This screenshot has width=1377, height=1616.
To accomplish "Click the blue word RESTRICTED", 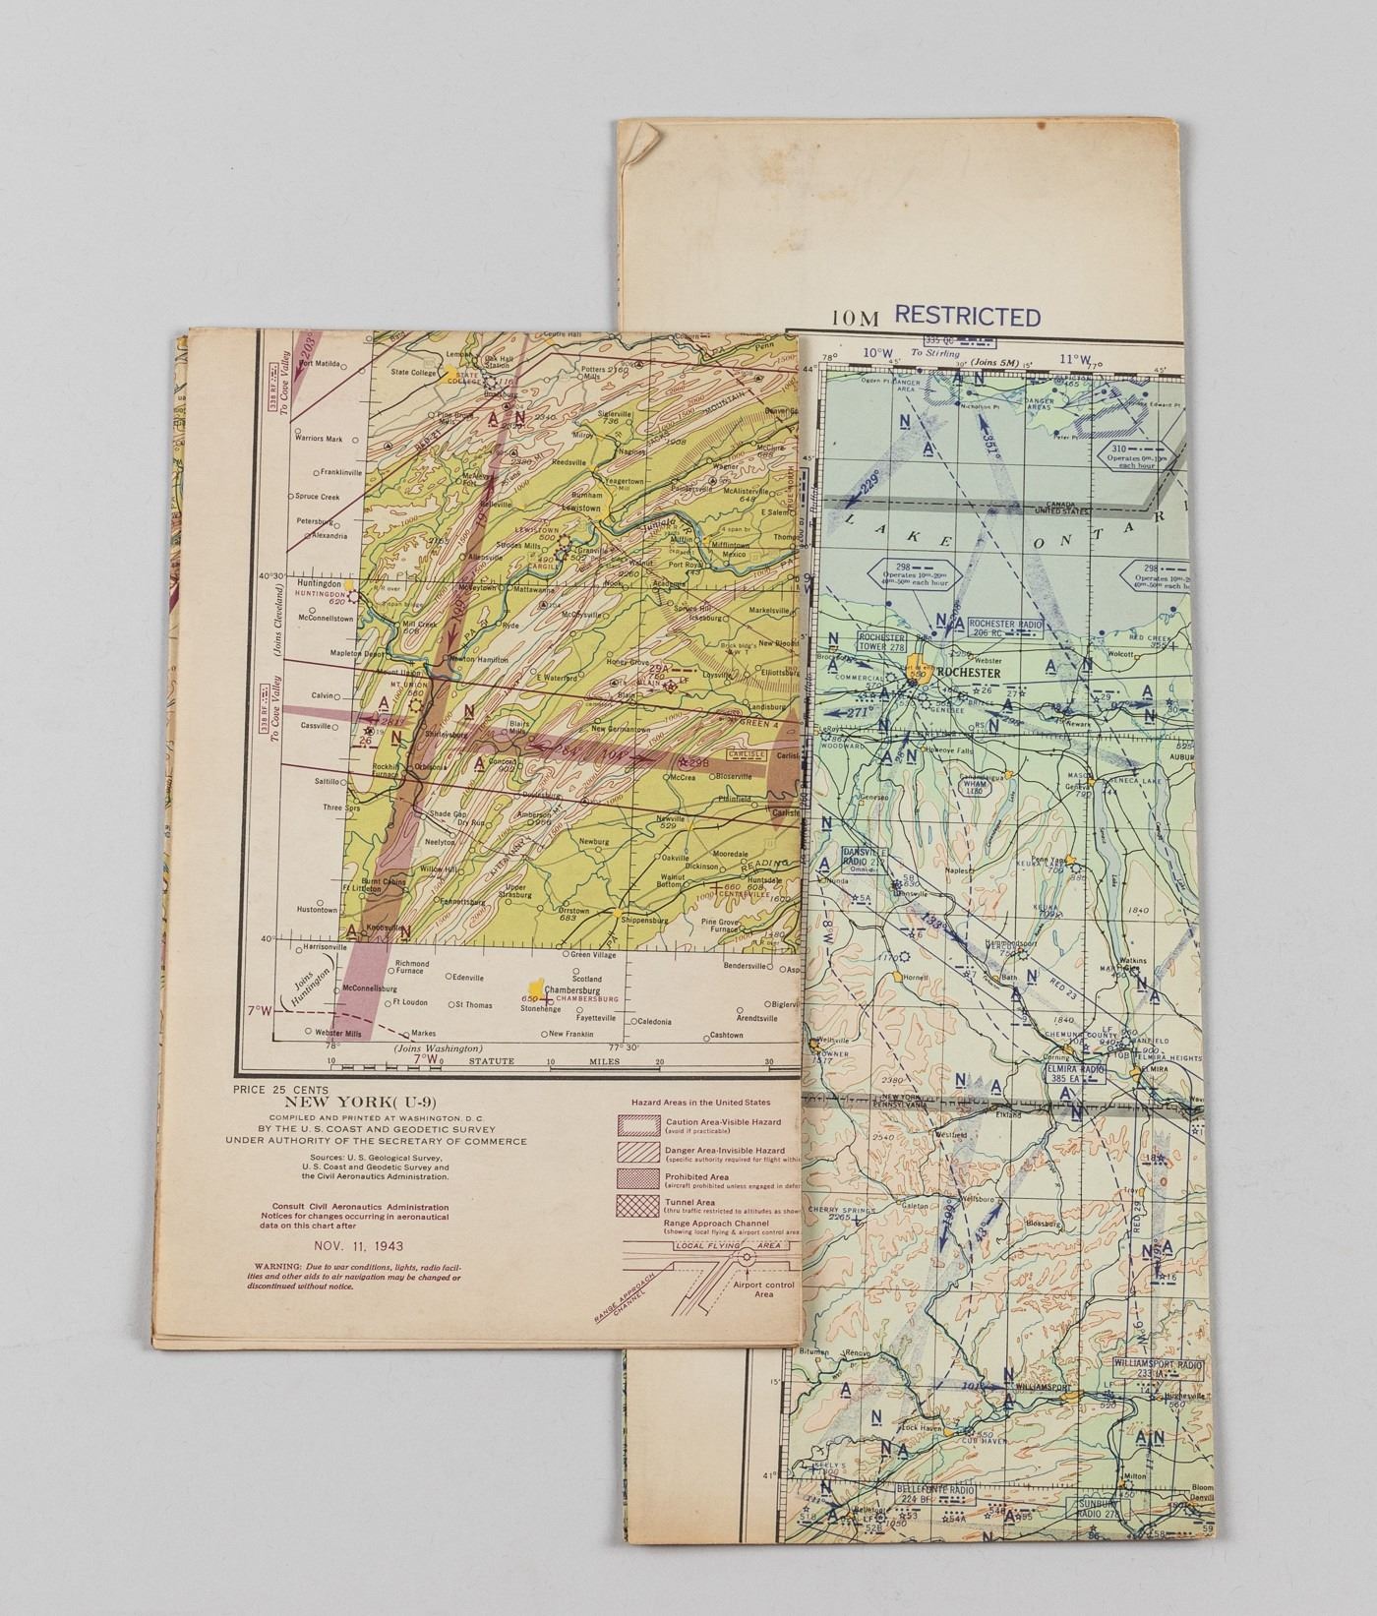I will tap(967, 317).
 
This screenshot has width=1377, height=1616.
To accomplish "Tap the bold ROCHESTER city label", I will tap(969, 673).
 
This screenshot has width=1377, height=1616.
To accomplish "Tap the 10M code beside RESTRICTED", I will tap(855, 318).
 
